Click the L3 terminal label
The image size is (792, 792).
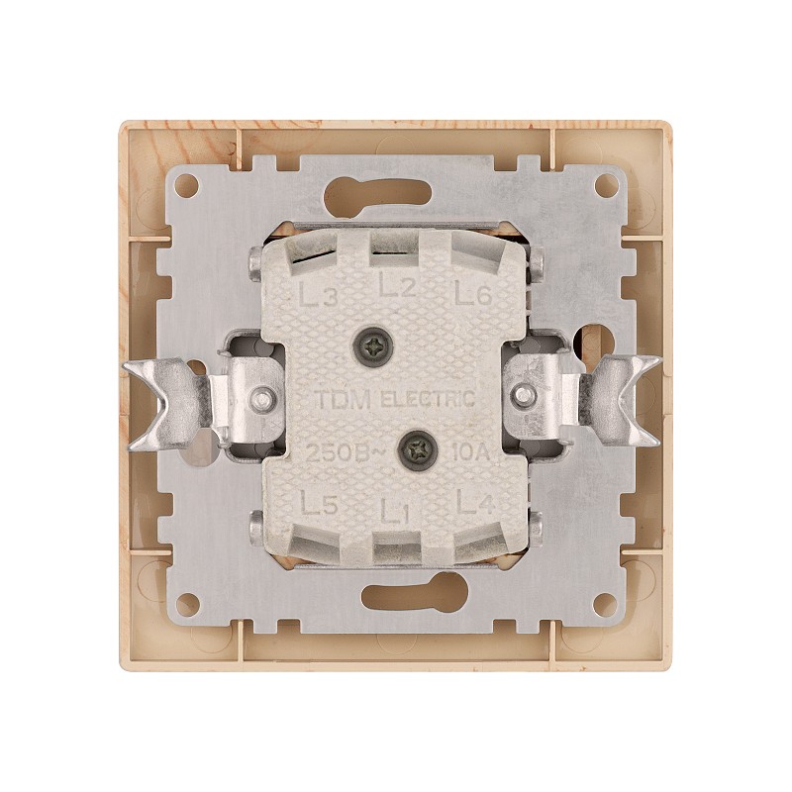tap(318, 295)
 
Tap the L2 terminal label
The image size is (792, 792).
tap(398, 287)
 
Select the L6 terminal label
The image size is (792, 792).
tap(473, 294)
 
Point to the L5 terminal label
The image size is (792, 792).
tap(319, 504)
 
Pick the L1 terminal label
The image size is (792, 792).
tap(394, 512)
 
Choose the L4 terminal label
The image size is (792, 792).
tap(475, 502)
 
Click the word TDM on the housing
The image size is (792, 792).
tap(344, 400)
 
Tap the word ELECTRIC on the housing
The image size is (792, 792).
tap(428, 399)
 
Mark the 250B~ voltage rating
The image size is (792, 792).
tap(346, 452)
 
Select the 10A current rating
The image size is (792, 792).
tap(472, 451)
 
